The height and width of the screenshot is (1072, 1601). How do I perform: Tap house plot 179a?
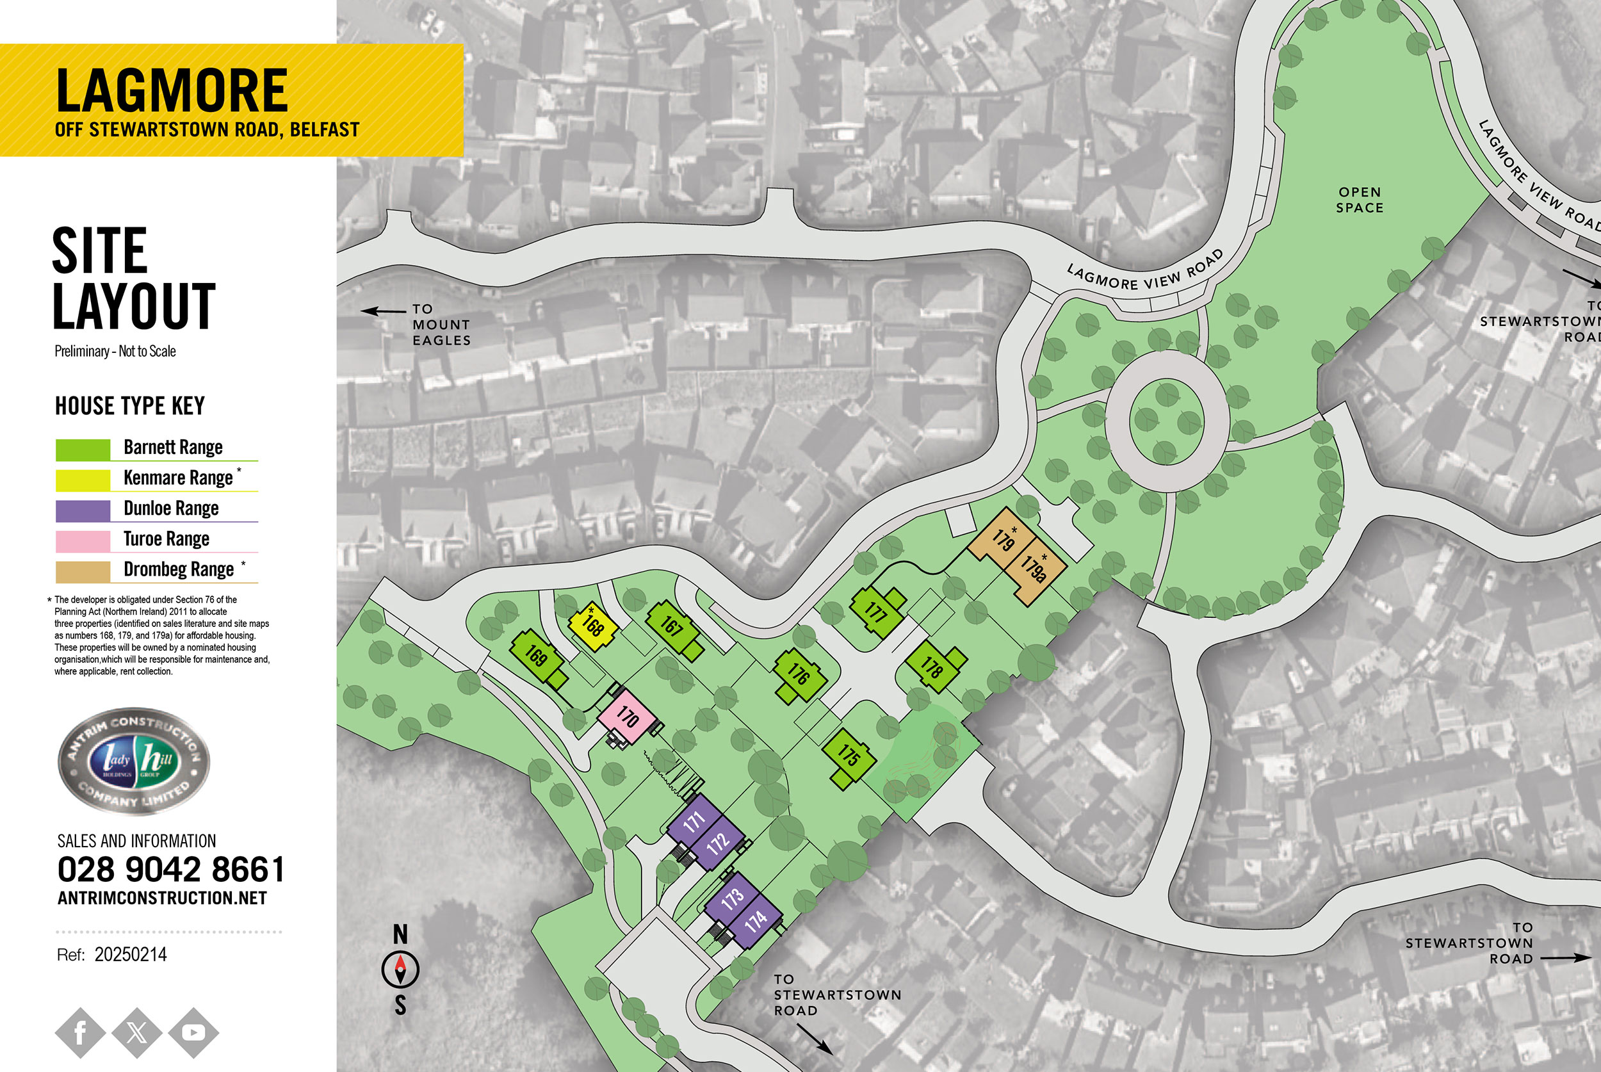point(1034,568)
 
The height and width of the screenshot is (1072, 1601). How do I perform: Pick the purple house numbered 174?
point(754,922)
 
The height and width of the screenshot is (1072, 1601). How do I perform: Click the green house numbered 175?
point(849,756)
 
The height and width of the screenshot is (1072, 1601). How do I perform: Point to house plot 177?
point(875,611)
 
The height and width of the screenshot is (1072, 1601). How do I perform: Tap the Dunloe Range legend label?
point(171,508)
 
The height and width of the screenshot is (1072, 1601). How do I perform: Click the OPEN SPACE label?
point(1359,200)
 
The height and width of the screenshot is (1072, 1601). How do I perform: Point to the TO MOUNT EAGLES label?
point(441,325)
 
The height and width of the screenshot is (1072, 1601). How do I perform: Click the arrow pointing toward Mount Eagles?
point(383,311)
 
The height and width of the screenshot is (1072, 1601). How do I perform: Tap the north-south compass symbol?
point(400,970)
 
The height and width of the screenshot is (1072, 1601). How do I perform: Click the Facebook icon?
point(80,1032)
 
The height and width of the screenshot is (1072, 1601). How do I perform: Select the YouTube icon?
point(193,1032)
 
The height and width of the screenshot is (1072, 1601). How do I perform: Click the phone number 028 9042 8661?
point(170,870)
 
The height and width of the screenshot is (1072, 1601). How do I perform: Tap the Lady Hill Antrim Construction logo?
point(133,761)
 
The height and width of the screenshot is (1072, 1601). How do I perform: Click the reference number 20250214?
point(131,954)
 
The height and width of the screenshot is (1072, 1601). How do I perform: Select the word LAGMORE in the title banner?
point(172,90)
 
